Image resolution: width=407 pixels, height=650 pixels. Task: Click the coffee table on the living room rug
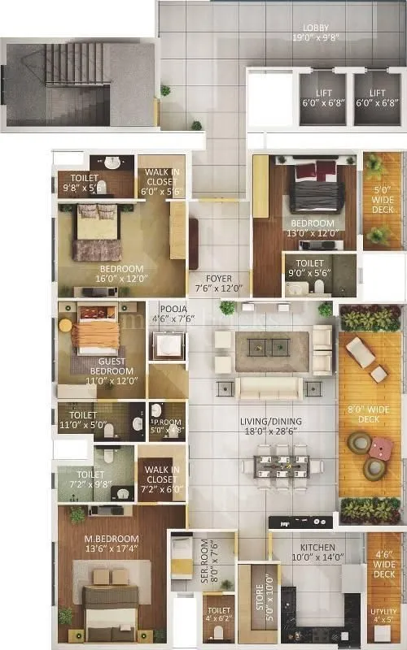pos(269,348)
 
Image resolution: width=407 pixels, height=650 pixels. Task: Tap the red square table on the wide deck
pos(381,448)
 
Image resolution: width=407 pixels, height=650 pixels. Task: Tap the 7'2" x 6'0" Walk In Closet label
pos(161,478)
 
